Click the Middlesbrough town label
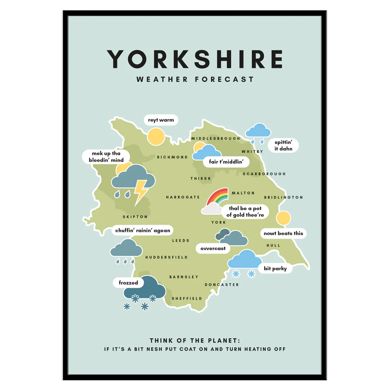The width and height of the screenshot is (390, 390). [216, 138]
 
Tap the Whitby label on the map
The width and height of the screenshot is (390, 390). [252, 151]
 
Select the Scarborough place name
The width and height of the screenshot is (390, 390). [264, 174]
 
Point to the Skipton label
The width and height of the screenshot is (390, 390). [135, 217]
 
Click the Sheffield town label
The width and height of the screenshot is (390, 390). [187, 299]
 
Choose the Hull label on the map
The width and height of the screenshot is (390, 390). [273, 246]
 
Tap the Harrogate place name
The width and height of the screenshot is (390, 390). [183, 197]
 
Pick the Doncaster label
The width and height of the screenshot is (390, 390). [222, 285]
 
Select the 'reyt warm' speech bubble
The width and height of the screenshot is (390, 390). [161, 120]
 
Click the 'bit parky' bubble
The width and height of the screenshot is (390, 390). [275, 268]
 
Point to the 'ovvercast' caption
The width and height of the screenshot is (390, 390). [213, 248]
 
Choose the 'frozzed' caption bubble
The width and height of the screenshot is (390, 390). [129, 283]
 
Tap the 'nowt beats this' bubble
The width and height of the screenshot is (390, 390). [283, 233]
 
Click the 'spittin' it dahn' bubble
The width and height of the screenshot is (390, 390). [283, 146]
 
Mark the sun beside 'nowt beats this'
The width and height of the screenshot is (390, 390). [283, 218]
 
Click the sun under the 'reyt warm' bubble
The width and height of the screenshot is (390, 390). [156, 136]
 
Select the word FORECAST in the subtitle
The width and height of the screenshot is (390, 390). [225, 79]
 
